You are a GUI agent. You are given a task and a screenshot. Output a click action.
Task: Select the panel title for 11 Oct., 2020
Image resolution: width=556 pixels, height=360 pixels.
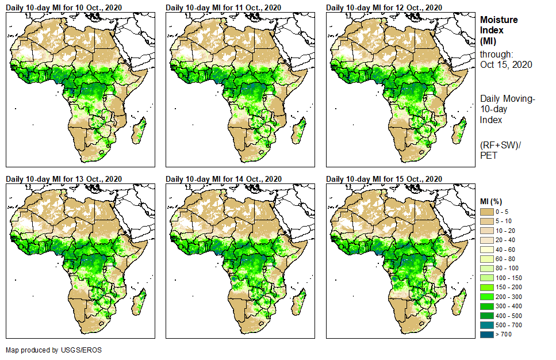[224, 7]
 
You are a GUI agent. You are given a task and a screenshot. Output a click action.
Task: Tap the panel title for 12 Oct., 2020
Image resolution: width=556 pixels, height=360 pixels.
[385, 7]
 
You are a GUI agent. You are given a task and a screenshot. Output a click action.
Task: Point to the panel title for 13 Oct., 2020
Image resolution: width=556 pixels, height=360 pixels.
[64, 179]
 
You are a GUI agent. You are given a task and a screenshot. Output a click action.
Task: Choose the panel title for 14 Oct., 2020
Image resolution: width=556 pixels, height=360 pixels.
[224, 179]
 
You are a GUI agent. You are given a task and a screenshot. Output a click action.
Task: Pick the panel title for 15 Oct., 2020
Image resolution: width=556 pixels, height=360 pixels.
[385, 179]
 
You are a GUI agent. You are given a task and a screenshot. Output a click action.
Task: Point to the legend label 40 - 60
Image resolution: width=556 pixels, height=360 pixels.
[505, 250]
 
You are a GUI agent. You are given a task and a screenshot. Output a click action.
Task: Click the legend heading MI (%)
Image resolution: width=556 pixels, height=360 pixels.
[492, 201]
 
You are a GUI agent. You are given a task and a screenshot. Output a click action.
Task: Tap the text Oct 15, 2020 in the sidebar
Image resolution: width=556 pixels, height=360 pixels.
[506, 64]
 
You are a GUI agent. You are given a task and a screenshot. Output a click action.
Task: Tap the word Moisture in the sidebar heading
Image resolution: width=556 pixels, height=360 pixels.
[499, 20]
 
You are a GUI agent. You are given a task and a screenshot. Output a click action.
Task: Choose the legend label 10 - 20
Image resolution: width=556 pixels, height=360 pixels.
[505, 231]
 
